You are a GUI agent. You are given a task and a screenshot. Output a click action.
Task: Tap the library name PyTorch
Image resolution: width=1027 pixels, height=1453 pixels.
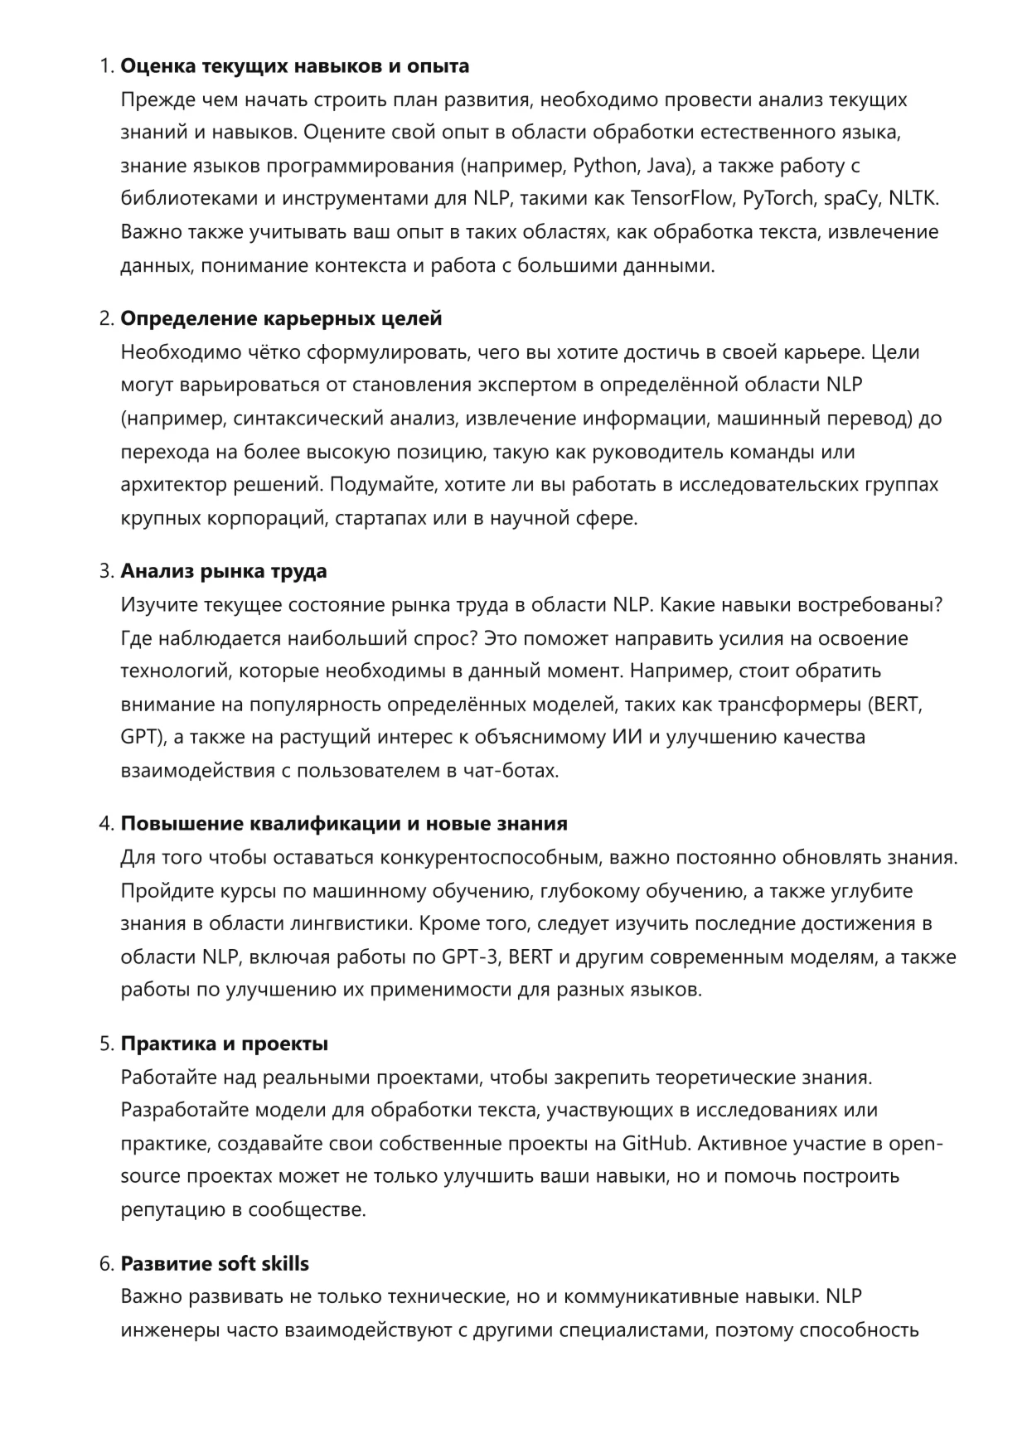tap(778, 199)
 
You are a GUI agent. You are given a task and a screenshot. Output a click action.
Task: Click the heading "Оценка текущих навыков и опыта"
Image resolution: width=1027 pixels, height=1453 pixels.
tap(295, 66)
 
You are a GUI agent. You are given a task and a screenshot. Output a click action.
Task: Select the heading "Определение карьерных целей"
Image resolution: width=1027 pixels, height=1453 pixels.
tap(281, 318)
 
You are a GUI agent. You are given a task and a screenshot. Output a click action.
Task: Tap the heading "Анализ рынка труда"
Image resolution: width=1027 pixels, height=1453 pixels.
tap(224, 571)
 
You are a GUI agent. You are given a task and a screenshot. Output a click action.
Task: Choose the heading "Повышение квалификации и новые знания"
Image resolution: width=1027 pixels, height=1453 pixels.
tap(344, 824)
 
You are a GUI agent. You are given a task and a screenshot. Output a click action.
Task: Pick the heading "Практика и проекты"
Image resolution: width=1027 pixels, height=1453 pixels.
tap(224, 1044)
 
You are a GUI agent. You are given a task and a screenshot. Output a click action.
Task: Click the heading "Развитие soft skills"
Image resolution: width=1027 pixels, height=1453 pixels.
tap(215, 1264)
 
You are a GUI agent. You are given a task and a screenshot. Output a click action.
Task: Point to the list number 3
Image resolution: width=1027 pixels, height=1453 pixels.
tap(105, 571)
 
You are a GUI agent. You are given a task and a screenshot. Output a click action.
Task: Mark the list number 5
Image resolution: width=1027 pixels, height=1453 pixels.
tap(105, 1044)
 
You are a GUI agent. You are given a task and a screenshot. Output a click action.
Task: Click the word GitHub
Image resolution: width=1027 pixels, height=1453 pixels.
tap(656, 1144)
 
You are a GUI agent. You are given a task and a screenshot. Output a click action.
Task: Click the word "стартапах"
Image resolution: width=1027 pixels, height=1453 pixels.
tap(380, 519)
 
